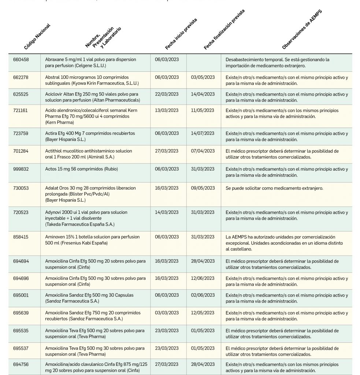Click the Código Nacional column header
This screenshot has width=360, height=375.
tap(37, 37)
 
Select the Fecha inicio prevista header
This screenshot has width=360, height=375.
tap(181, 34)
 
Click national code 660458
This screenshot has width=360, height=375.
tap(21, 60)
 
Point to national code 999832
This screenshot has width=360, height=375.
tap(21, 169)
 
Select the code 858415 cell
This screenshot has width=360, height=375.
tap(21, 237)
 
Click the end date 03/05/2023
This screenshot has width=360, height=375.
tap(203, 77)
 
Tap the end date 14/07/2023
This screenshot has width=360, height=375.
tap(203, 133)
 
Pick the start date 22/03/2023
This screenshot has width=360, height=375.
tap(167, 94)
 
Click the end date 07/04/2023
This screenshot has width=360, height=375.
tap(203, 151)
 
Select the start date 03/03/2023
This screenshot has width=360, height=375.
tap(167, 313)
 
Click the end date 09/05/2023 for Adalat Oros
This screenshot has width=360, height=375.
tap(203, 188)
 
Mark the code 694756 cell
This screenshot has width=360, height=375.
tap(21, 364)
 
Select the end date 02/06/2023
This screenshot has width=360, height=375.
tap(203, 295)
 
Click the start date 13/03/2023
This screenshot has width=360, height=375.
tap(167, 110)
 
